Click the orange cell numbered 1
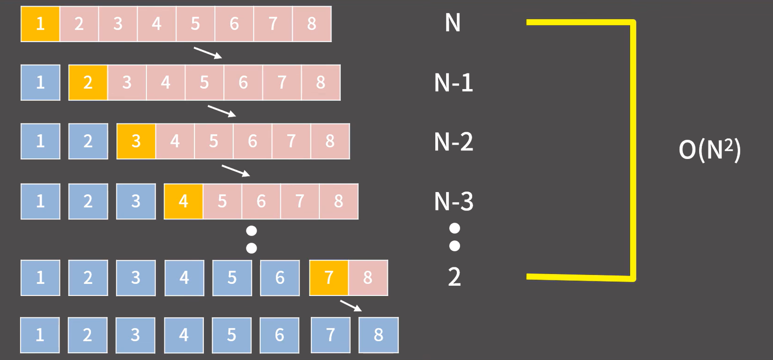[x=40, y=24]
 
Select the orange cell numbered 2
[x=88, y=82]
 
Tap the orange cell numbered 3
[x=136, y=141]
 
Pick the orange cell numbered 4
[x=184, y=201]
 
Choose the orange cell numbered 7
[x=329, y=278]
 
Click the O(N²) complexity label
[x=709, y=150]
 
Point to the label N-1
[x=453, y=83]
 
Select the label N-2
[x=453, y=142]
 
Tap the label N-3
[x=453, y=201]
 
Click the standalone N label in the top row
[x=453, y=23]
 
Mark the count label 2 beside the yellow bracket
[x=454, y=277]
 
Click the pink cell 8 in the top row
[x=312, y=24]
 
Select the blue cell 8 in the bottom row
[x=378, y=335]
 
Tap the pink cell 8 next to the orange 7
[x=368, y=278]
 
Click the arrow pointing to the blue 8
[x=351, y=306]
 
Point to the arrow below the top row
[x=208, y=53]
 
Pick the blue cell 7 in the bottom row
[x=331, y=335]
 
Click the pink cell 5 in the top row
[x=195, y=24]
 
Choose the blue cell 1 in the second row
[x=40, y=82]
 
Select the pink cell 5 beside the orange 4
[x=222, y=201]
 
